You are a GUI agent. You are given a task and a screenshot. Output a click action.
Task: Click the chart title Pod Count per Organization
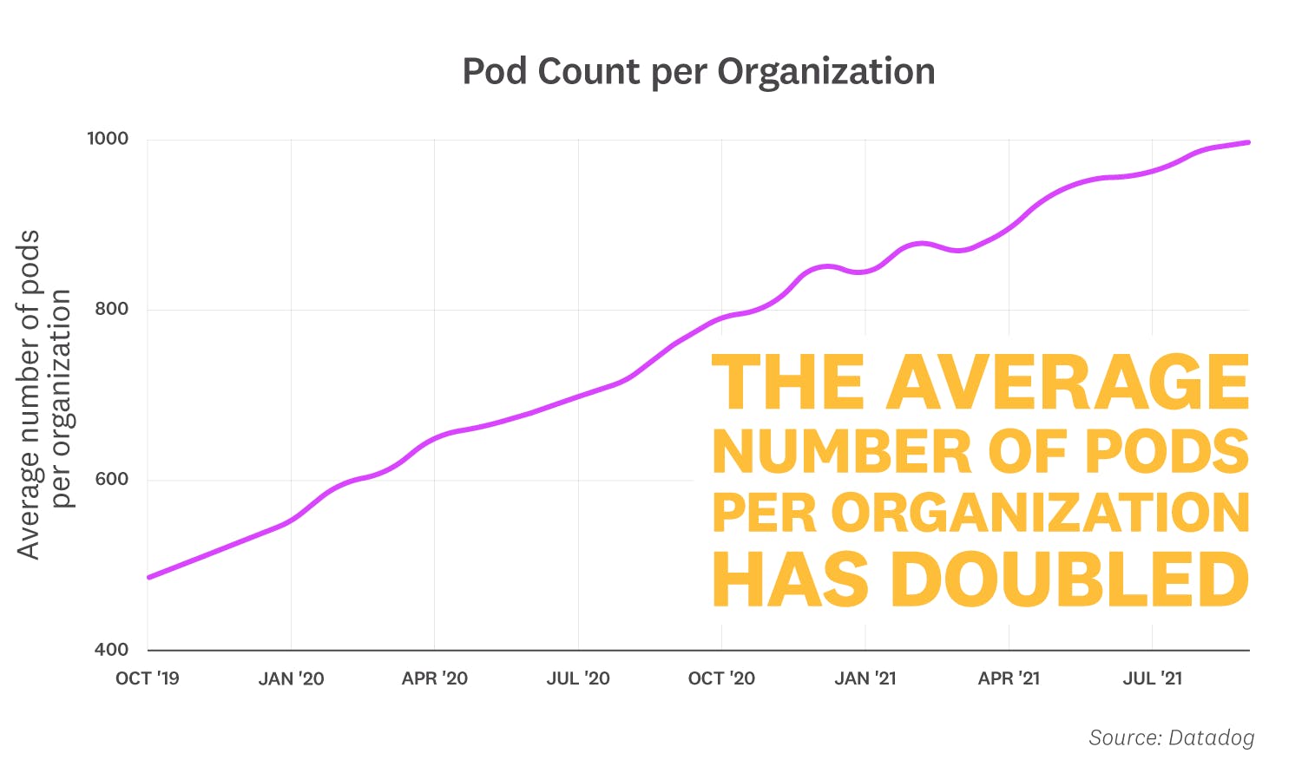pyautogui.click(x=698, y=71)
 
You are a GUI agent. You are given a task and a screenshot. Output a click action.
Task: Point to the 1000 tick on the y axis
pyautogui.click(x=108, y=139)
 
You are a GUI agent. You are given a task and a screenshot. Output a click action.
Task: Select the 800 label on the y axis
pyautogui.click(x=111, y=309)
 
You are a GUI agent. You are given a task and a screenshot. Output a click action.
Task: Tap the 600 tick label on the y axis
pyautogui.click(x=111, y=479)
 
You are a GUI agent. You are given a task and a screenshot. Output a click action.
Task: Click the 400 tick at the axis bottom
pyautogui.click(x=111, y=649)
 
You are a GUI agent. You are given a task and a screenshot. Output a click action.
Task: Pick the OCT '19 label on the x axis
pyautogui.click(x=148, y=678)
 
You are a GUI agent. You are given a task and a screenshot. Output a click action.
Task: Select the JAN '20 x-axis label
pyautogui.click(x=291, y=678)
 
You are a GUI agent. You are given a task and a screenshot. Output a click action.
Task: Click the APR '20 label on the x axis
pyautogui.click(x=434, y=678)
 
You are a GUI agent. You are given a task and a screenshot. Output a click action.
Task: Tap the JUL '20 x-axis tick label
pyautogui.click(x=578, y=678)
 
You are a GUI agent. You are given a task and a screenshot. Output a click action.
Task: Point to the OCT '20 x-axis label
pyautogui.click(x=721, y=678)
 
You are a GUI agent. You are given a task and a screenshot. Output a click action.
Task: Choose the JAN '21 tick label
pyautogui.click(x=865, y=678)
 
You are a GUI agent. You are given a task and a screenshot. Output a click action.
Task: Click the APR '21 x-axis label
pyautogui.click(x=1009, y=678)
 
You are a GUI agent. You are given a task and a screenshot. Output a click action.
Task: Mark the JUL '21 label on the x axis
pyautogui.click(x=1152, y=678)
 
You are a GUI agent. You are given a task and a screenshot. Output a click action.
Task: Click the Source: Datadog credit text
pyautogui.click(x=1171, y=737)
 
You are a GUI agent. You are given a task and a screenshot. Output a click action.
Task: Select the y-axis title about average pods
pyautogui.click(x=43, y=395)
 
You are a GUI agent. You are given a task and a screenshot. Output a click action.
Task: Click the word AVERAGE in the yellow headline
pyautogui.click(x=1067, y=382)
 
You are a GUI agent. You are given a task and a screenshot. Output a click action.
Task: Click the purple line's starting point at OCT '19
pyautogui.click(x=149, y=577)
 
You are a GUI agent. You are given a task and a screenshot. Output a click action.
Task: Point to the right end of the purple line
pyautogui.click(x=1247, y=142)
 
